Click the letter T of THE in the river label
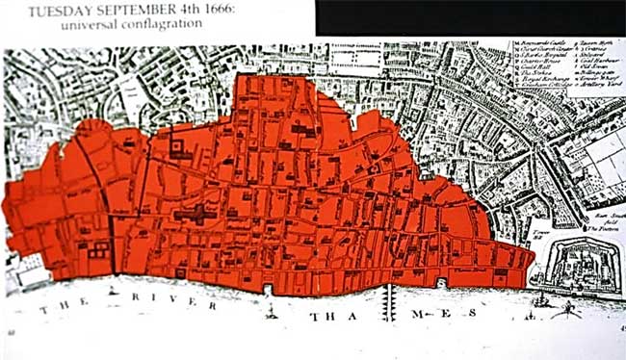[43, 310]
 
